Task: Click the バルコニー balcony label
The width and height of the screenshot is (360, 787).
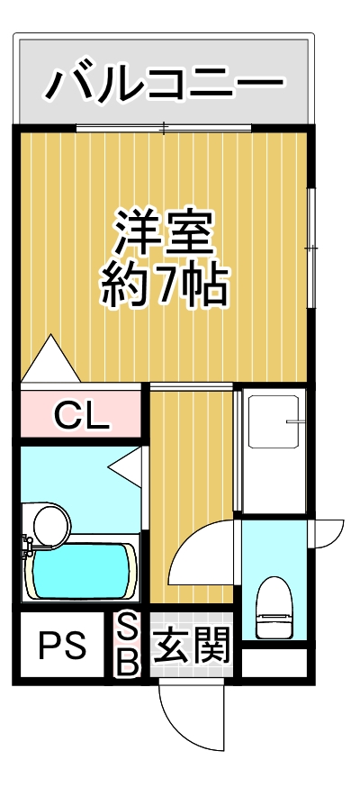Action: (x=164, y=85)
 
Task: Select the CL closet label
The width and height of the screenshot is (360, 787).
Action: (x=81, y=415)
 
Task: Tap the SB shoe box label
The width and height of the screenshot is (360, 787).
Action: (x=129, y=645)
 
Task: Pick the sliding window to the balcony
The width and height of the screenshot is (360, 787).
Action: (x=164, y=129)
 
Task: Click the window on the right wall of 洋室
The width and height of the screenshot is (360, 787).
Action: (x=310, y=248)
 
